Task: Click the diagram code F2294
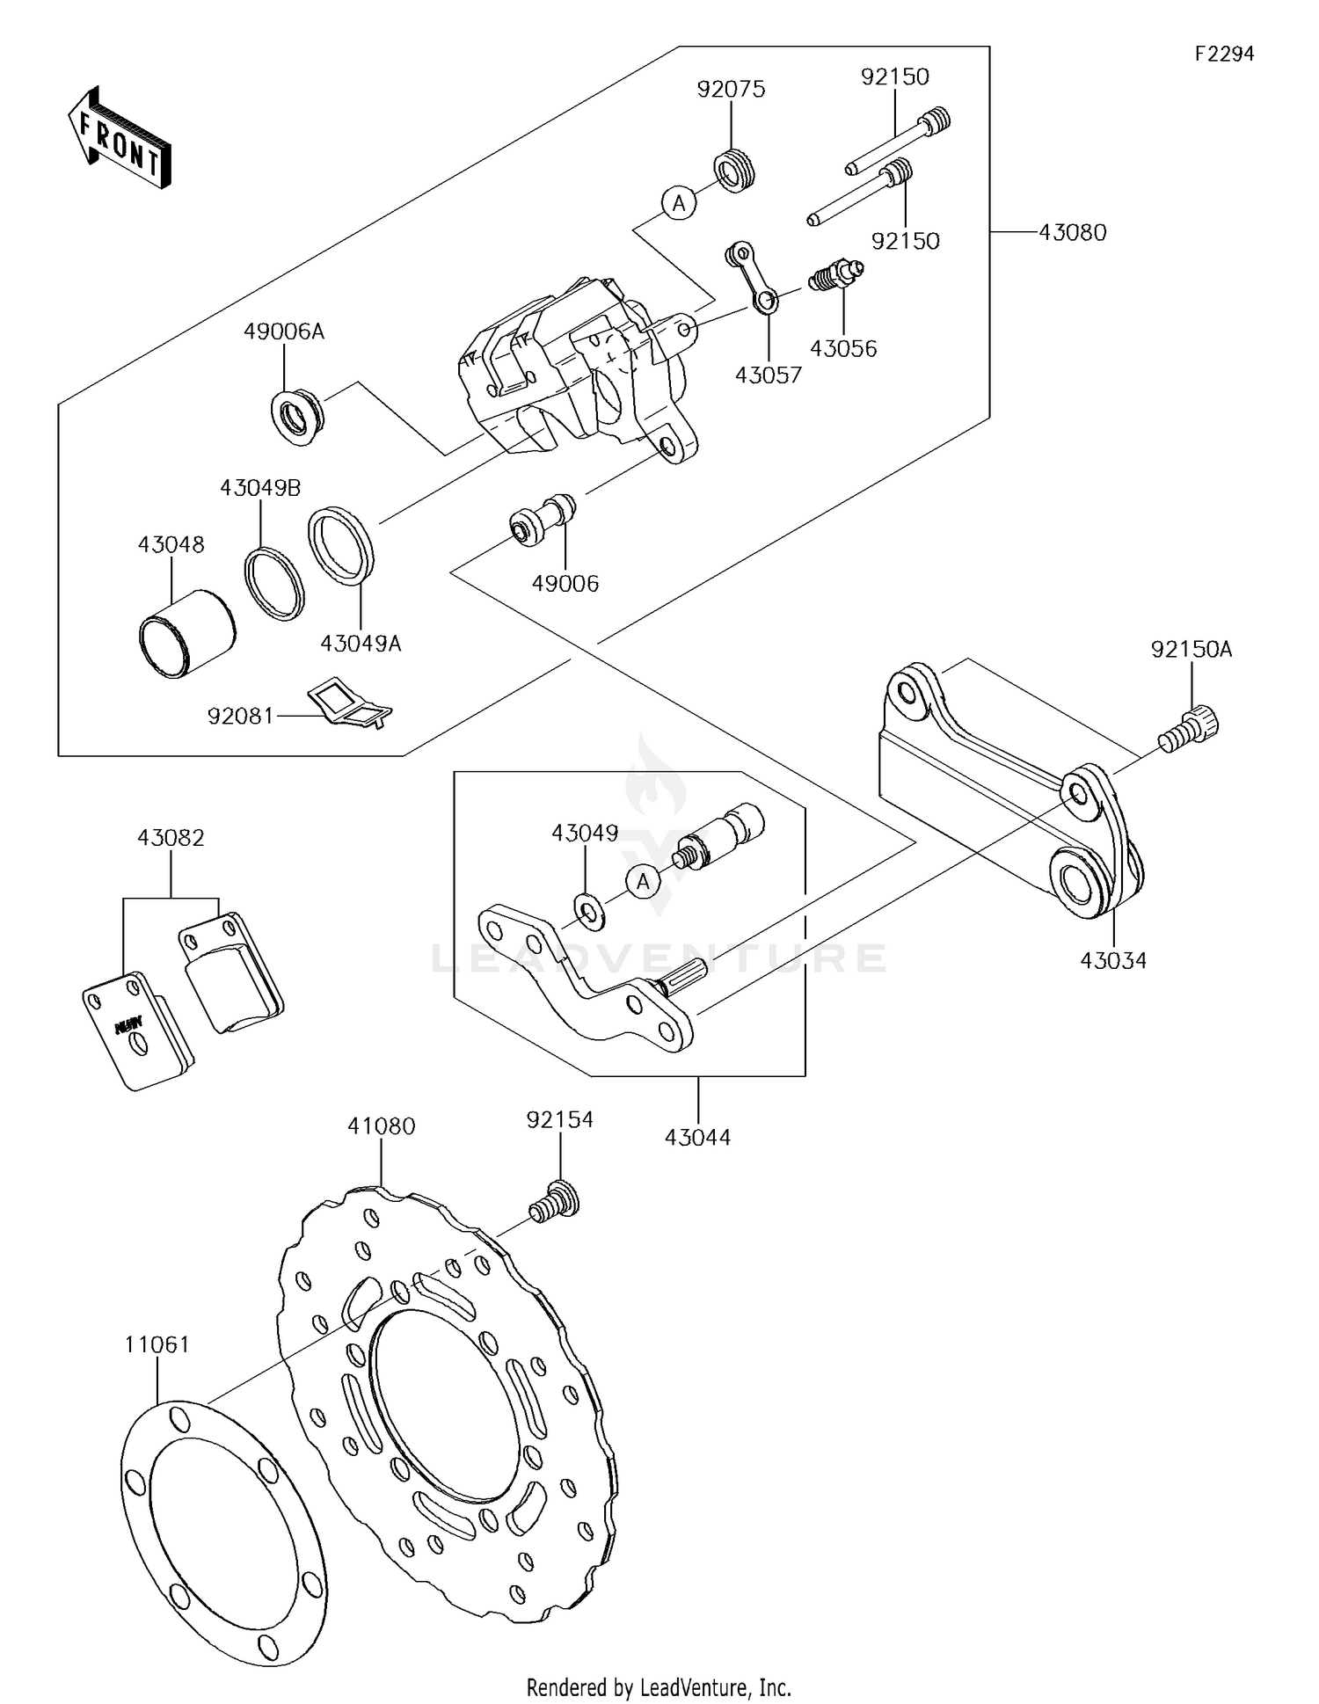tap(1224, 55)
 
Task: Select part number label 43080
tap(1072, 233)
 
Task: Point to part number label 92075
tap(731, 89)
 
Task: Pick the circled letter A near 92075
tap(678, 204)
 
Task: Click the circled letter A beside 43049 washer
tap(644, 880)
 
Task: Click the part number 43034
tap(1113, 961)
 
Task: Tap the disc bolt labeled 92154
tap(555, 1201)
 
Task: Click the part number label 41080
tap(381, 1126)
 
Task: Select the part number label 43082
tap(171, 838)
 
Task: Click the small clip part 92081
tap(348, 703)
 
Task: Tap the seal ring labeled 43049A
tap(341, 546)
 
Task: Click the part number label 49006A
tap(284, 331)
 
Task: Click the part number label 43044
tap(697, 1137)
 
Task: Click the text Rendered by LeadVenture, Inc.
tap(659, 1687)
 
